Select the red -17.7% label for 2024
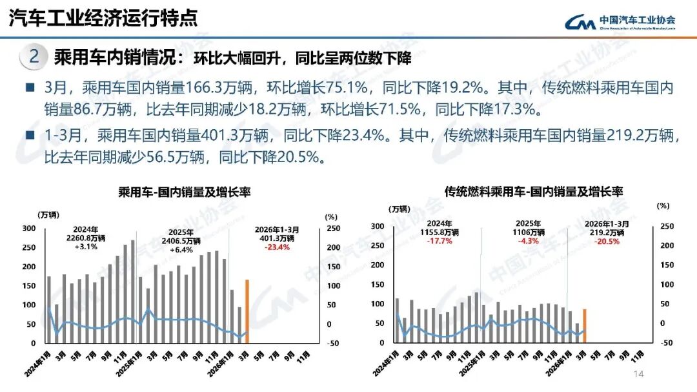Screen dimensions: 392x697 point(439,241)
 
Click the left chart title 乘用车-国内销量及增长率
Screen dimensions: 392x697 point(184,192)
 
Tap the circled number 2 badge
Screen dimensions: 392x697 point(34,57)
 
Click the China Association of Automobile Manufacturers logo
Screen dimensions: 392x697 point(620,22)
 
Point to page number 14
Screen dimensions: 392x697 point(639,375)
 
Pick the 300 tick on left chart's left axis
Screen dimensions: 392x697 point(29,229)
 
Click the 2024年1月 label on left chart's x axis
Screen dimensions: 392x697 point(37,366)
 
